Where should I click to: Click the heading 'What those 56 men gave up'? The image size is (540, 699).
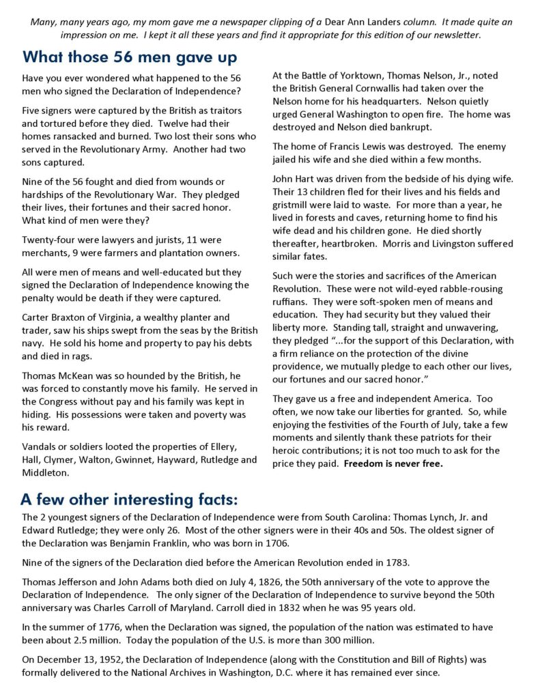point(130,57)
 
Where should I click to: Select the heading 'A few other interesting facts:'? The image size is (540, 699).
point(129,500)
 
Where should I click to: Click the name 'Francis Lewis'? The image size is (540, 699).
point(357,146)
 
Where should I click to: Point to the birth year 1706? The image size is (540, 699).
point(298,543)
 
